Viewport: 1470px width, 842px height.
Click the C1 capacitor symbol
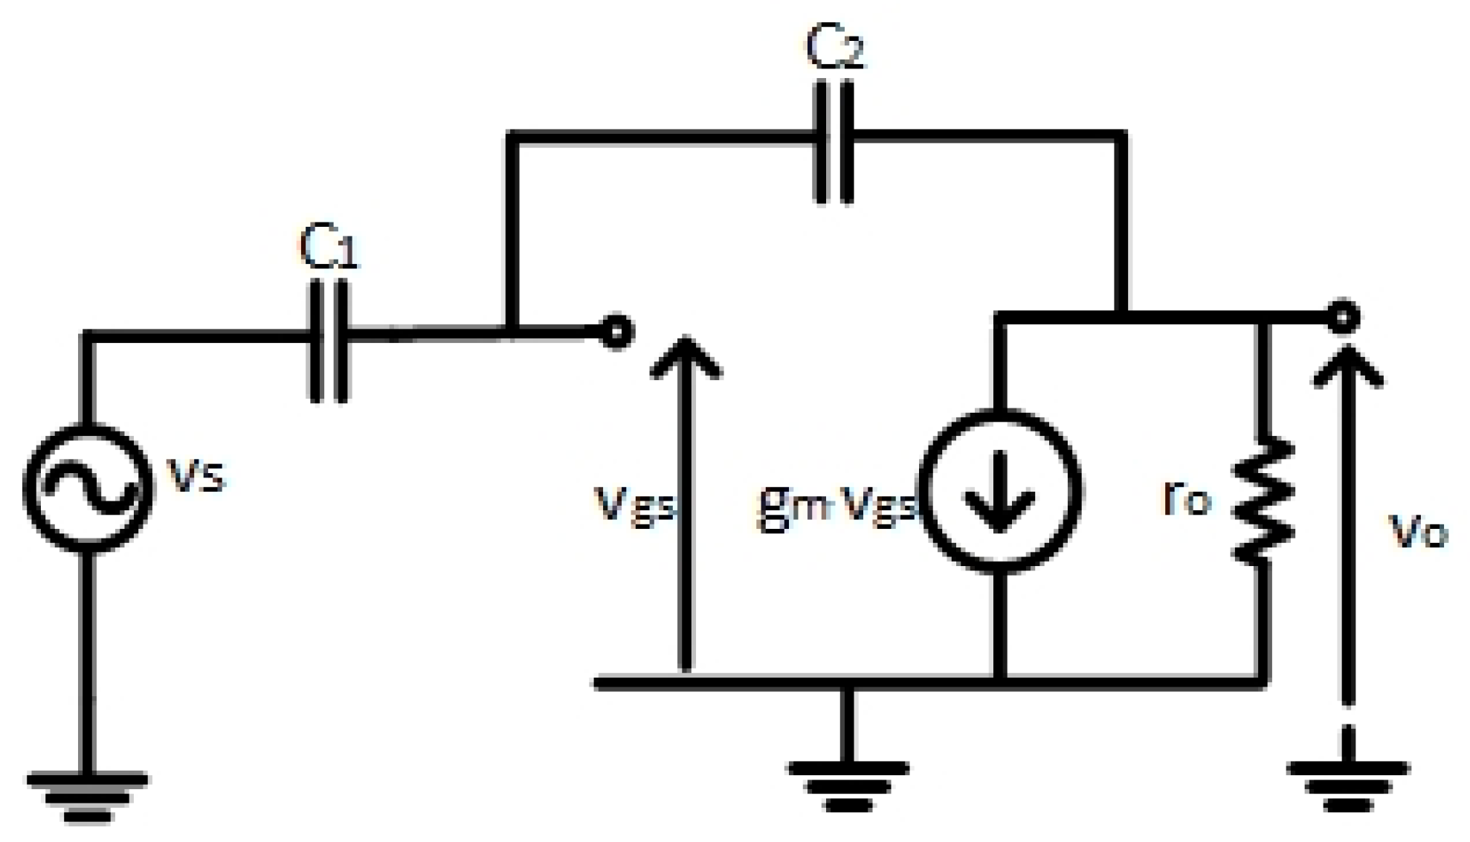point(329,340)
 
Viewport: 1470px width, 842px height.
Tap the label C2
point(835,48)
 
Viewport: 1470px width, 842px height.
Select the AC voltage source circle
point(88,489)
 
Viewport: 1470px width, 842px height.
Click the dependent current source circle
point(999,491)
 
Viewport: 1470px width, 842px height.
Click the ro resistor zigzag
point(1263,499)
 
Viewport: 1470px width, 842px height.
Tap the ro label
point(1187,500)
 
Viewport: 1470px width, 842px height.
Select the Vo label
point(1417,531)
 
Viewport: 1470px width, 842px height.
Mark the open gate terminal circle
point(616,332)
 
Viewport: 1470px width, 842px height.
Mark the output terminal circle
point(1343,318)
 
